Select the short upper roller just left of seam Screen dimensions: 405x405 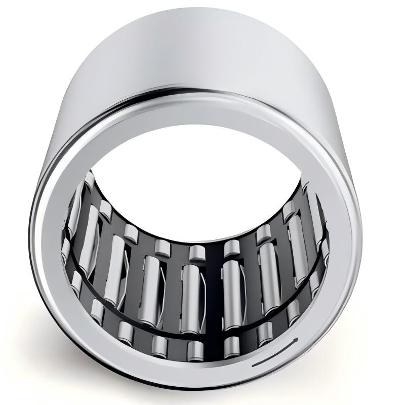point(196,252)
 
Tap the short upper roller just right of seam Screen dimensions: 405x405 point(231,248)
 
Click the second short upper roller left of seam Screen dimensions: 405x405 point(162,248)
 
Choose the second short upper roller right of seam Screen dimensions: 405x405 point(263,234)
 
